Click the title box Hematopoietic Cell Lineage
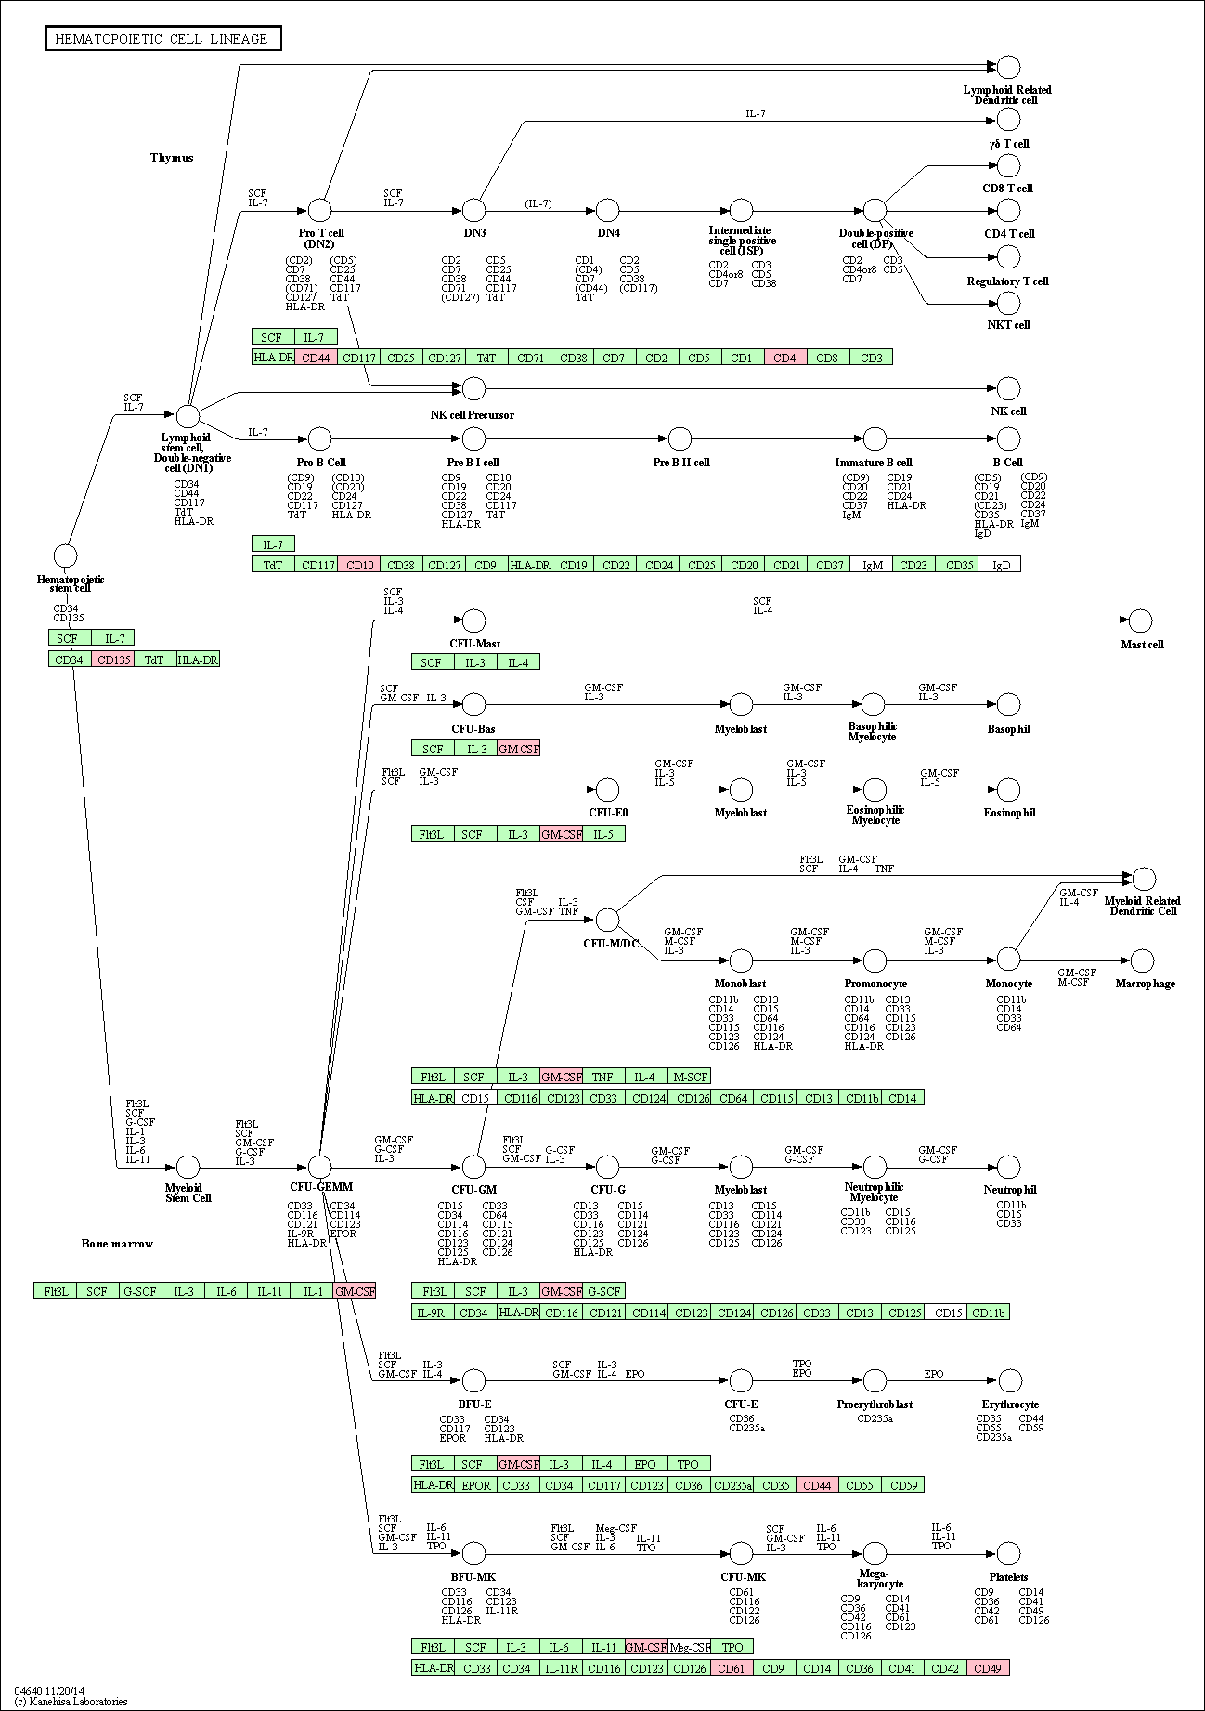pyautogui.click(x=163, y=39)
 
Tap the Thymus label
pyautogui.click(x=172, y=158)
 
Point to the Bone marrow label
pyautogui.click(x=117, y=1244)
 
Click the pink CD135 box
pyautogui.click(x=113, y=660)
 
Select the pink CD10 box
pyautogui.click(x=359, y=565)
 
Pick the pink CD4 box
pyautogui.click(x=785, y=358)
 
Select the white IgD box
pyautogui.click(x=1000, y=565)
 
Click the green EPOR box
pyautogui.click(x=475, y=1485)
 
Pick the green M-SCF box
pyautogui.click(x=690, y=1077)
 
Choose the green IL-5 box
pyautogui.click(x=604, y=834)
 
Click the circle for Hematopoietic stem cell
pyautogui.click(x=65, y=555)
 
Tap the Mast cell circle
pyautogui.click(x=1141, y=620)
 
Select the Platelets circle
pyautogui.click(x=1008, y=1552)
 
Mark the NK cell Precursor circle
pyautogui.click(x=474, y=388)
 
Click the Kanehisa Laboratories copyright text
pyautogui.click(x=71, y=1702)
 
